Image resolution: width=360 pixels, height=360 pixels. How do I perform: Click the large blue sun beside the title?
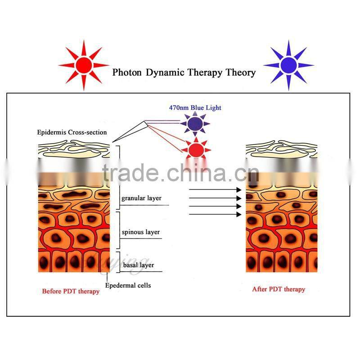(288, 65)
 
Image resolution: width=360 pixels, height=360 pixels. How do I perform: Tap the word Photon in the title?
(127, 72)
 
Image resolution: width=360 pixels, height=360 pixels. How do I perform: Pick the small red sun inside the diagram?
(195, 148)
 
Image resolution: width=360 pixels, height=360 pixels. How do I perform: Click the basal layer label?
(138, 265)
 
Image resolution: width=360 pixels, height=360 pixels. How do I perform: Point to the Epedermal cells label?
(128, 285)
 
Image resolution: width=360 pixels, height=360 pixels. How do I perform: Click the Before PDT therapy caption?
(71, 291)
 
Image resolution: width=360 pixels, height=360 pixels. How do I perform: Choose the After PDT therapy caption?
(279, 289)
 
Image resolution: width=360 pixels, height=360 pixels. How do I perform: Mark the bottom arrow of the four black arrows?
(215, 214)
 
